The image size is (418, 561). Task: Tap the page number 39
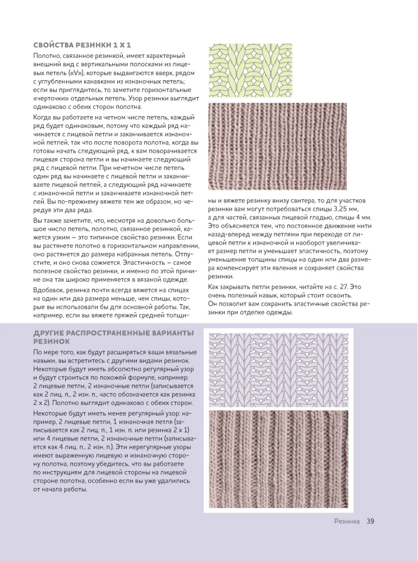[x=370, y=521]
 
